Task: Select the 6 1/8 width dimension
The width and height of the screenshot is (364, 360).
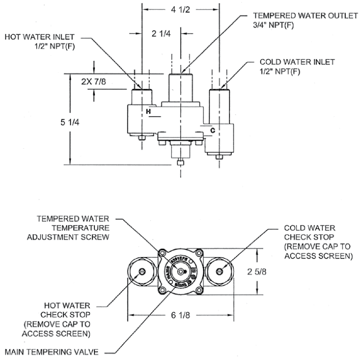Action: tap(181, 315)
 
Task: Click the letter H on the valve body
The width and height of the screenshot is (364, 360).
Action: tap(148, 110)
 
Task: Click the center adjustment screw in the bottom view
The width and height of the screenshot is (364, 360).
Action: tap(181, 271)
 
